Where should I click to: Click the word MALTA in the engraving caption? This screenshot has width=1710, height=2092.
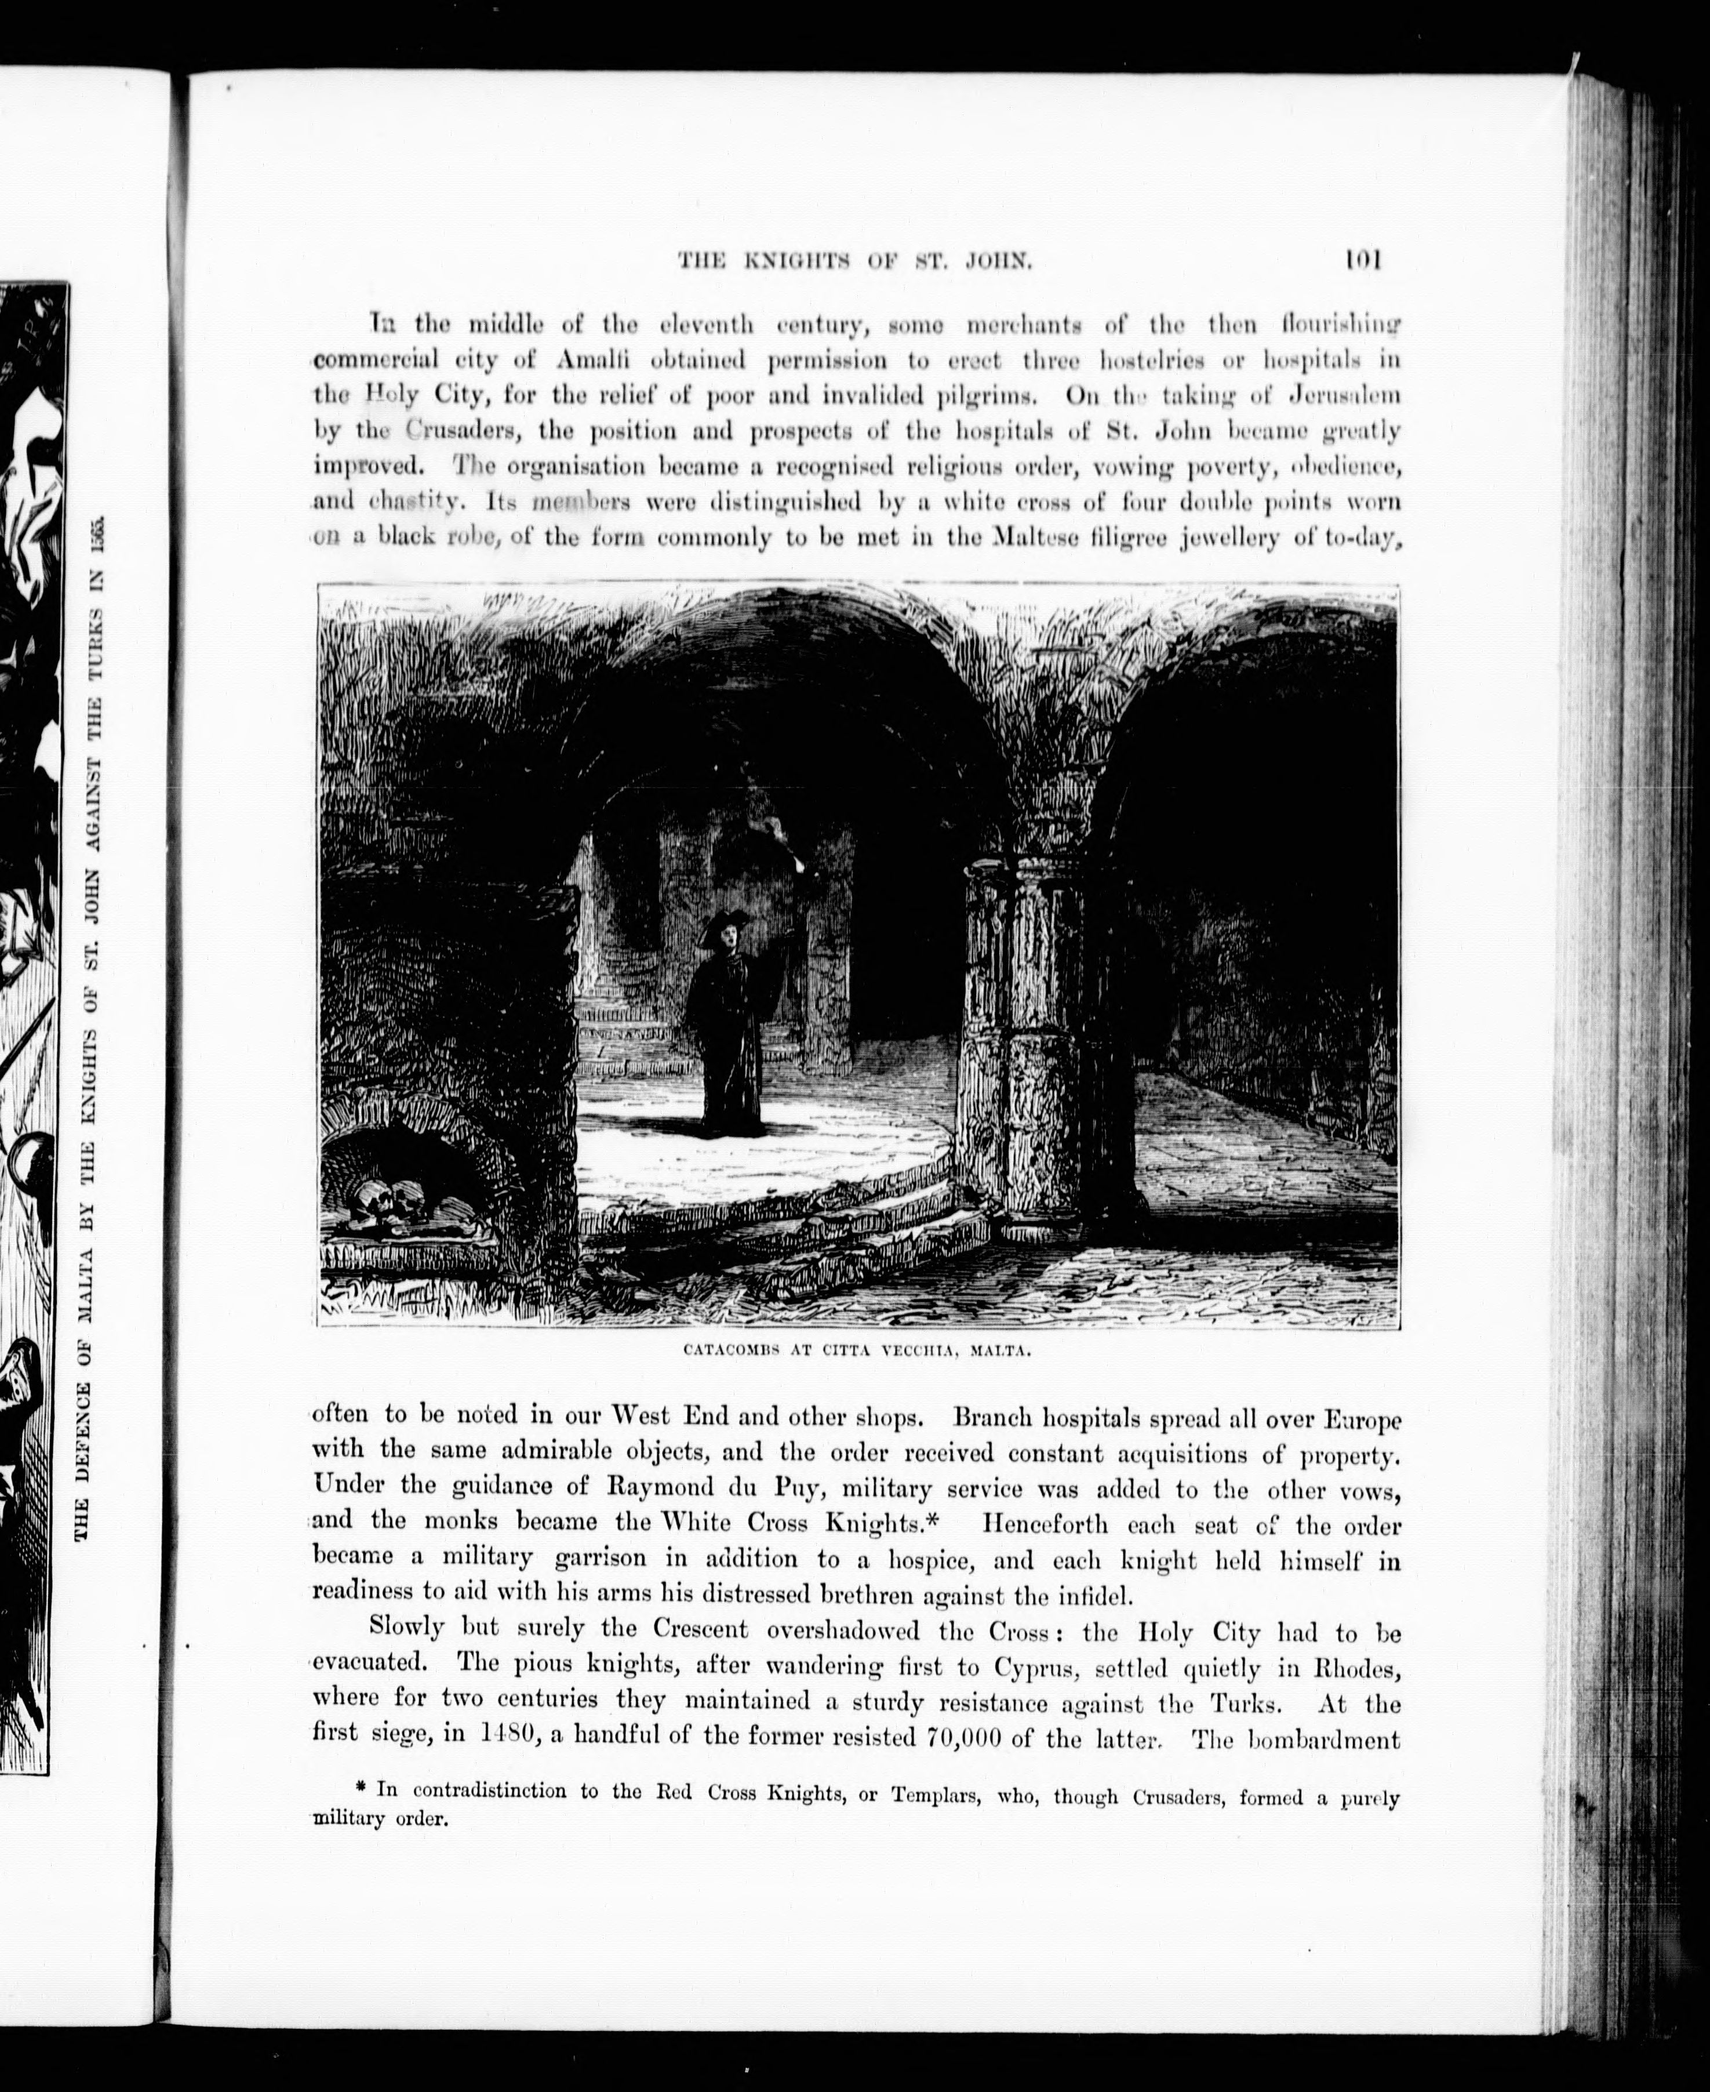coord(1000,1352)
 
